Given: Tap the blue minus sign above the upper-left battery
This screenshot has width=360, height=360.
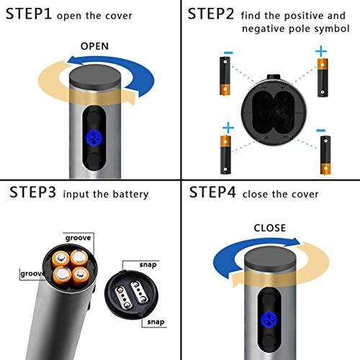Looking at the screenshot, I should click(228, 53).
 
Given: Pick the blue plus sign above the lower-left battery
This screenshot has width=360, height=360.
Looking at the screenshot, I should click(228, 128).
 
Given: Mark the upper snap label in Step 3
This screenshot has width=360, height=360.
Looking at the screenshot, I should click(148, 264).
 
